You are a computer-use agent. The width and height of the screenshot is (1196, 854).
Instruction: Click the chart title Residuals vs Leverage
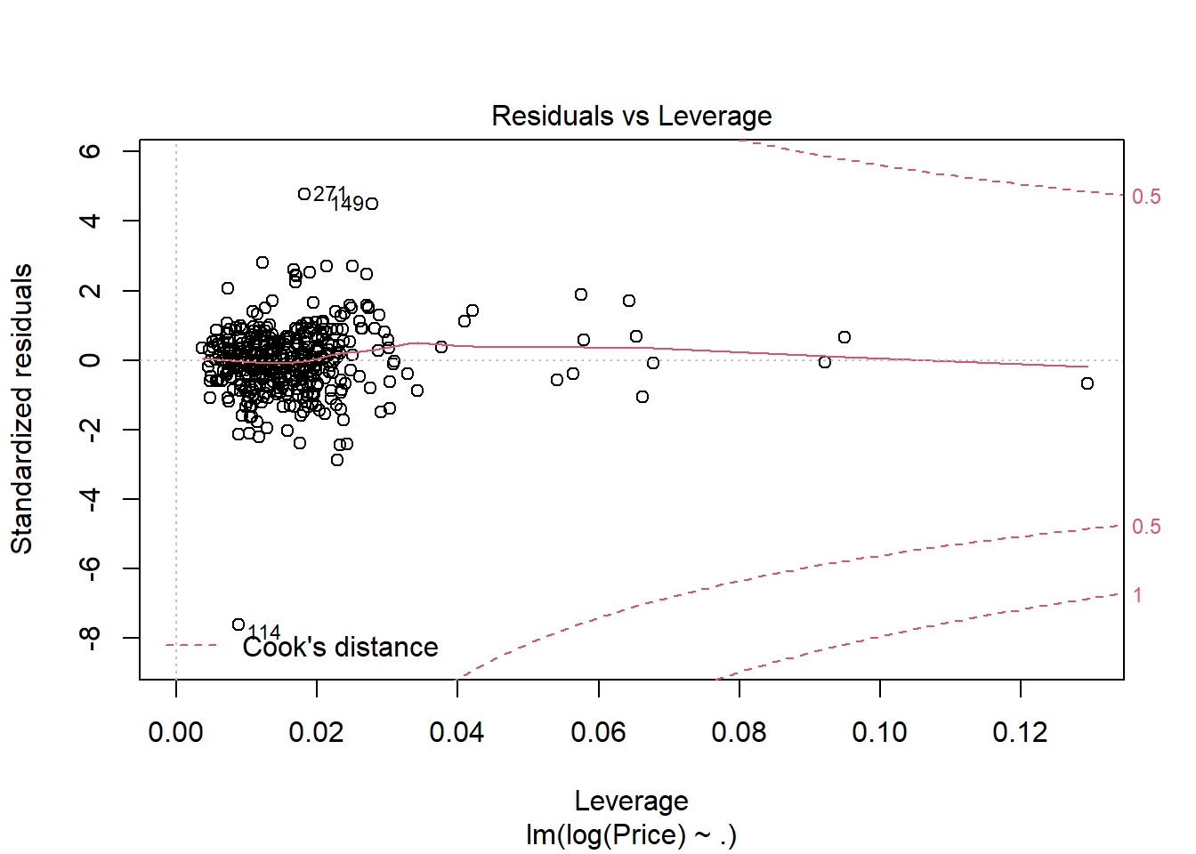(x=631, y=116)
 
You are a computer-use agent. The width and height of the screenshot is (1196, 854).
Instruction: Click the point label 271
(x=330, y=194)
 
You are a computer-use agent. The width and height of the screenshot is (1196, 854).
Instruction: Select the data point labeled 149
(x=372, y=204)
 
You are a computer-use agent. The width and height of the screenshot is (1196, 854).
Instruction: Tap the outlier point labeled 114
(x=238, y=624)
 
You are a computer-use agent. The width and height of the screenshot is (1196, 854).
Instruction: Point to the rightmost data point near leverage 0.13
(x=1087, y=383)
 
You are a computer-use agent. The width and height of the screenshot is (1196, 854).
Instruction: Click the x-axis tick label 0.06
(x=598, y=732)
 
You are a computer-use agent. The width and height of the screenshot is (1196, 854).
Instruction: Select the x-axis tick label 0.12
(x=1020, y=732)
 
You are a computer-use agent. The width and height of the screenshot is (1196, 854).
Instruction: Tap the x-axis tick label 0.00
(x=175, y=732)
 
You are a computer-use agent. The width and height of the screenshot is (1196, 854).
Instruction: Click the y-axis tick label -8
(x=90, y=638)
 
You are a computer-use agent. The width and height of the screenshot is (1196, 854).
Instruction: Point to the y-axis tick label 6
(x=90, y=151)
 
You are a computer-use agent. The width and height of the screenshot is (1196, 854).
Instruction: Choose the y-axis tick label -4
(x=90, y=499)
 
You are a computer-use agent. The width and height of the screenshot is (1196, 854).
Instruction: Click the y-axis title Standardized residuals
(x=22, y=409)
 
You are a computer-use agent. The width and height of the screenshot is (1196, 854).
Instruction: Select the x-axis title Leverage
(x=631, y=801)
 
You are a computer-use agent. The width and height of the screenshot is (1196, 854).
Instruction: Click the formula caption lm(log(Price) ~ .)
(x=631, y=834)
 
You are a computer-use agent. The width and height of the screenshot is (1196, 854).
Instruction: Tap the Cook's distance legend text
(x=340, y=647)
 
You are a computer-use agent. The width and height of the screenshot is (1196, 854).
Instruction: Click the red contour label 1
(x=1137, y=595)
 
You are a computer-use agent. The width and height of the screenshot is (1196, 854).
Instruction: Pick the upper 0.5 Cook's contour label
(x=1146, y=197)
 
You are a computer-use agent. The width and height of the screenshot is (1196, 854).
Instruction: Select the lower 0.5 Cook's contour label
(x=1146, y=527)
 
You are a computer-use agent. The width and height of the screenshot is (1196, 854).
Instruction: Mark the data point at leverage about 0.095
(x=844, y=337)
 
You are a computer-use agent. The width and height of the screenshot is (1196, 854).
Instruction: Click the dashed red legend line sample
(x=191, y=645)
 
